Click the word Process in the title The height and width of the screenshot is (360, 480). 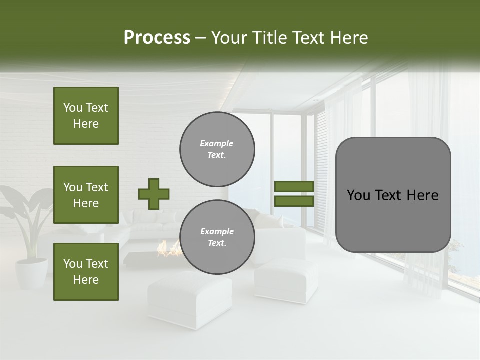157,38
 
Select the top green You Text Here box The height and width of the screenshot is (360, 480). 86,116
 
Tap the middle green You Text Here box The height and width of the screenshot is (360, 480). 86,195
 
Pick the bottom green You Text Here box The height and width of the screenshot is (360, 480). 86,271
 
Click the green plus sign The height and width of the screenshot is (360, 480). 154,194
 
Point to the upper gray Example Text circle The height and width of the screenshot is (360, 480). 217,149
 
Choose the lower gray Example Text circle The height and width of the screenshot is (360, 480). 217,237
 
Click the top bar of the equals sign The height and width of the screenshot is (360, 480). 294,187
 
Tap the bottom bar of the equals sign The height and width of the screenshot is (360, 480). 294,201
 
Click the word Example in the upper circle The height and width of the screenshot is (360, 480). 217,143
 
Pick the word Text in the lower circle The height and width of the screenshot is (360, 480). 217,243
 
